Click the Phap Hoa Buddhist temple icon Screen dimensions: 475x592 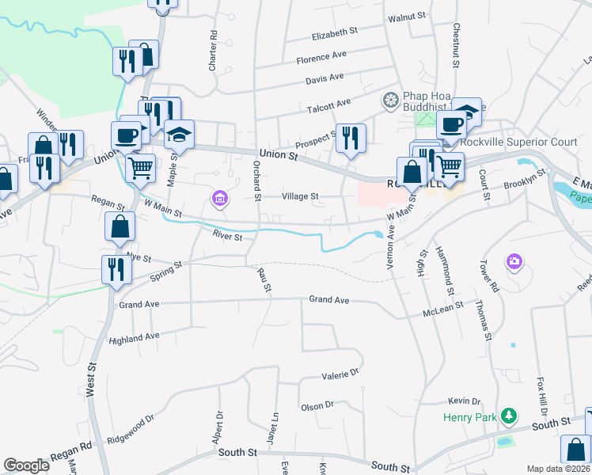389,101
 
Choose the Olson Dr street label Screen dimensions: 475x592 317,407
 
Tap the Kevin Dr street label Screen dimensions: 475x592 464,402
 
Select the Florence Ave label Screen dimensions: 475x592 321,58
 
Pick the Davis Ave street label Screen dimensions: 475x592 325,78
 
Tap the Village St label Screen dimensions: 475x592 301,196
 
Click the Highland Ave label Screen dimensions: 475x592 135,338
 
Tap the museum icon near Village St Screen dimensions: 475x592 218,198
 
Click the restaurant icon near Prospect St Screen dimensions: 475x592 349,137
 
